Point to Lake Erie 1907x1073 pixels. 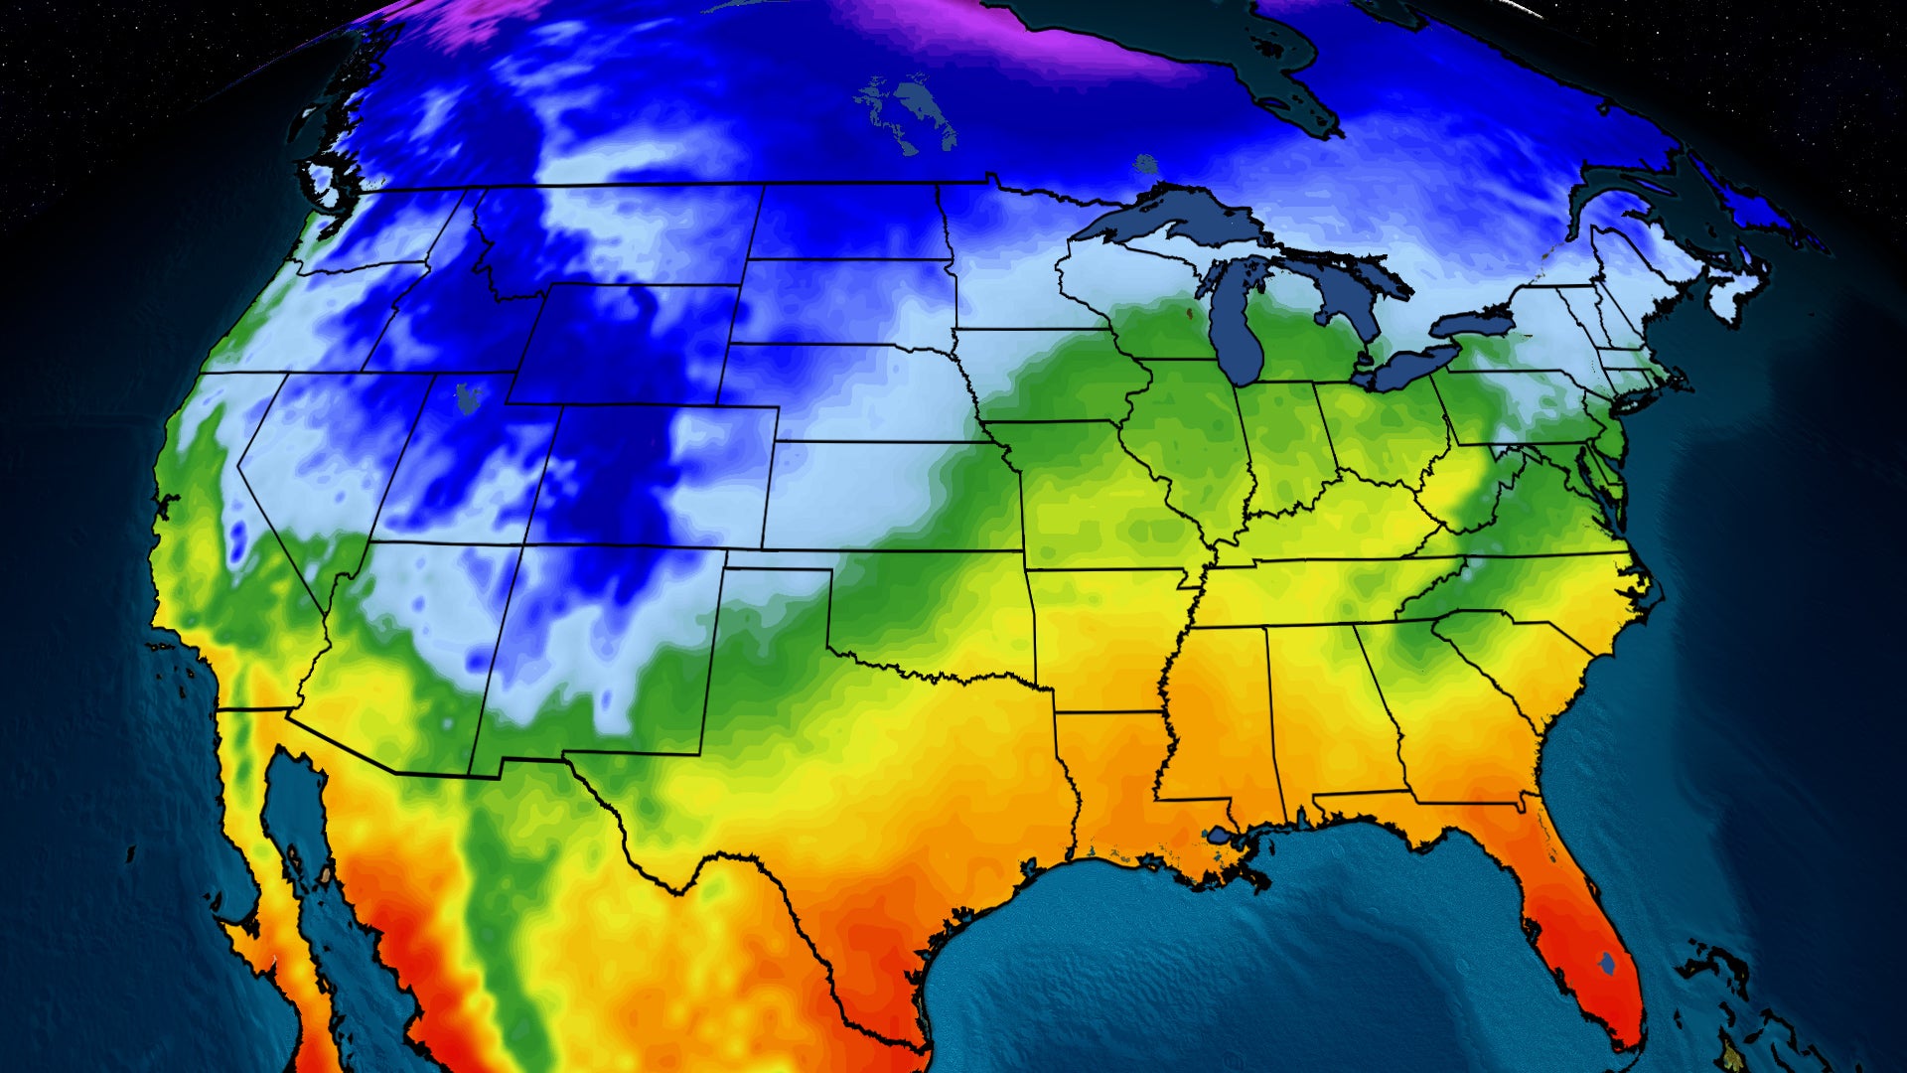pos(1410,368)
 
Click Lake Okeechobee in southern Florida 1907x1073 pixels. pos(1607,962)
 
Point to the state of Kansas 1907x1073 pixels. pos(894,497)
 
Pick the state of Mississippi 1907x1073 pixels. pos(1217,715)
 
